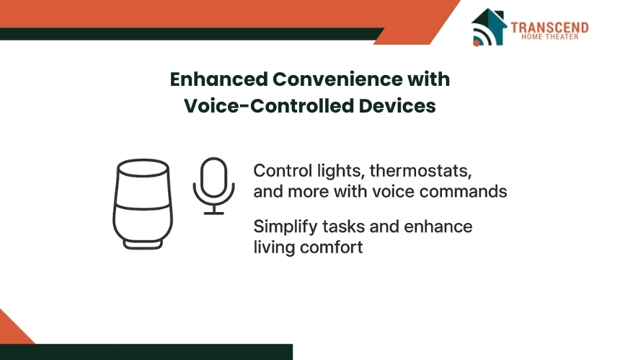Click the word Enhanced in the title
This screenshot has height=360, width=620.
[x=219, y=79]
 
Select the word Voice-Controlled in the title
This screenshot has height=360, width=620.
[x=269, y=105]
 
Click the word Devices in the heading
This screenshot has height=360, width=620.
[x=397, y=105]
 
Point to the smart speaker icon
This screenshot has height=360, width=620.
[x=143, y=204]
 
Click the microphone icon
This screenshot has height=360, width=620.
[x=214, y=186]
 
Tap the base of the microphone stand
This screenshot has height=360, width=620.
[x=214, y=214]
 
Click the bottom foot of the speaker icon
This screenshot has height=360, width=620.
[x=143, y=245]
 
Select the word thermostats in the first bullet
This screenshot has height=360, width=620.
[x=421, y=171]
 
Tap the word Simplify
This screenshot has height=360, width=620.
[x=285, y=227]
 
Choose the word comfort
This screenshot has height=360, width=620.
[x=332, y=247]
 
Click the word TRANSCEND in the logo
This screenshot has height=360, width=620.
[x=549, y=27]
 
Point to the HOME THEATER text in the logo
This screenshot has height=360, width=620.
[x=549, y=37]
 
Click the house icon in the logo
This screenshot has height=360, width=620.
[x=489, y=27]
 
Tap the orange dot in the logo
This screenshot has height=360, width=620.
[x=477, y=43]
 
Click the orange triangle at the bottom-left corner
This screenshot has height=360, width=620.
[x=12, y=330]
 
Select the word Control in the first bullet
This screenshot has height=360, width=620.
[x=283, y=171]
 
